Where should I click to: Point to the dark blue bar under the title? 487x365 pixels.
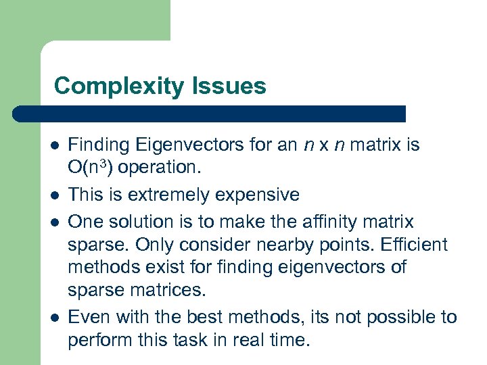click(x=210, y=114)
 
